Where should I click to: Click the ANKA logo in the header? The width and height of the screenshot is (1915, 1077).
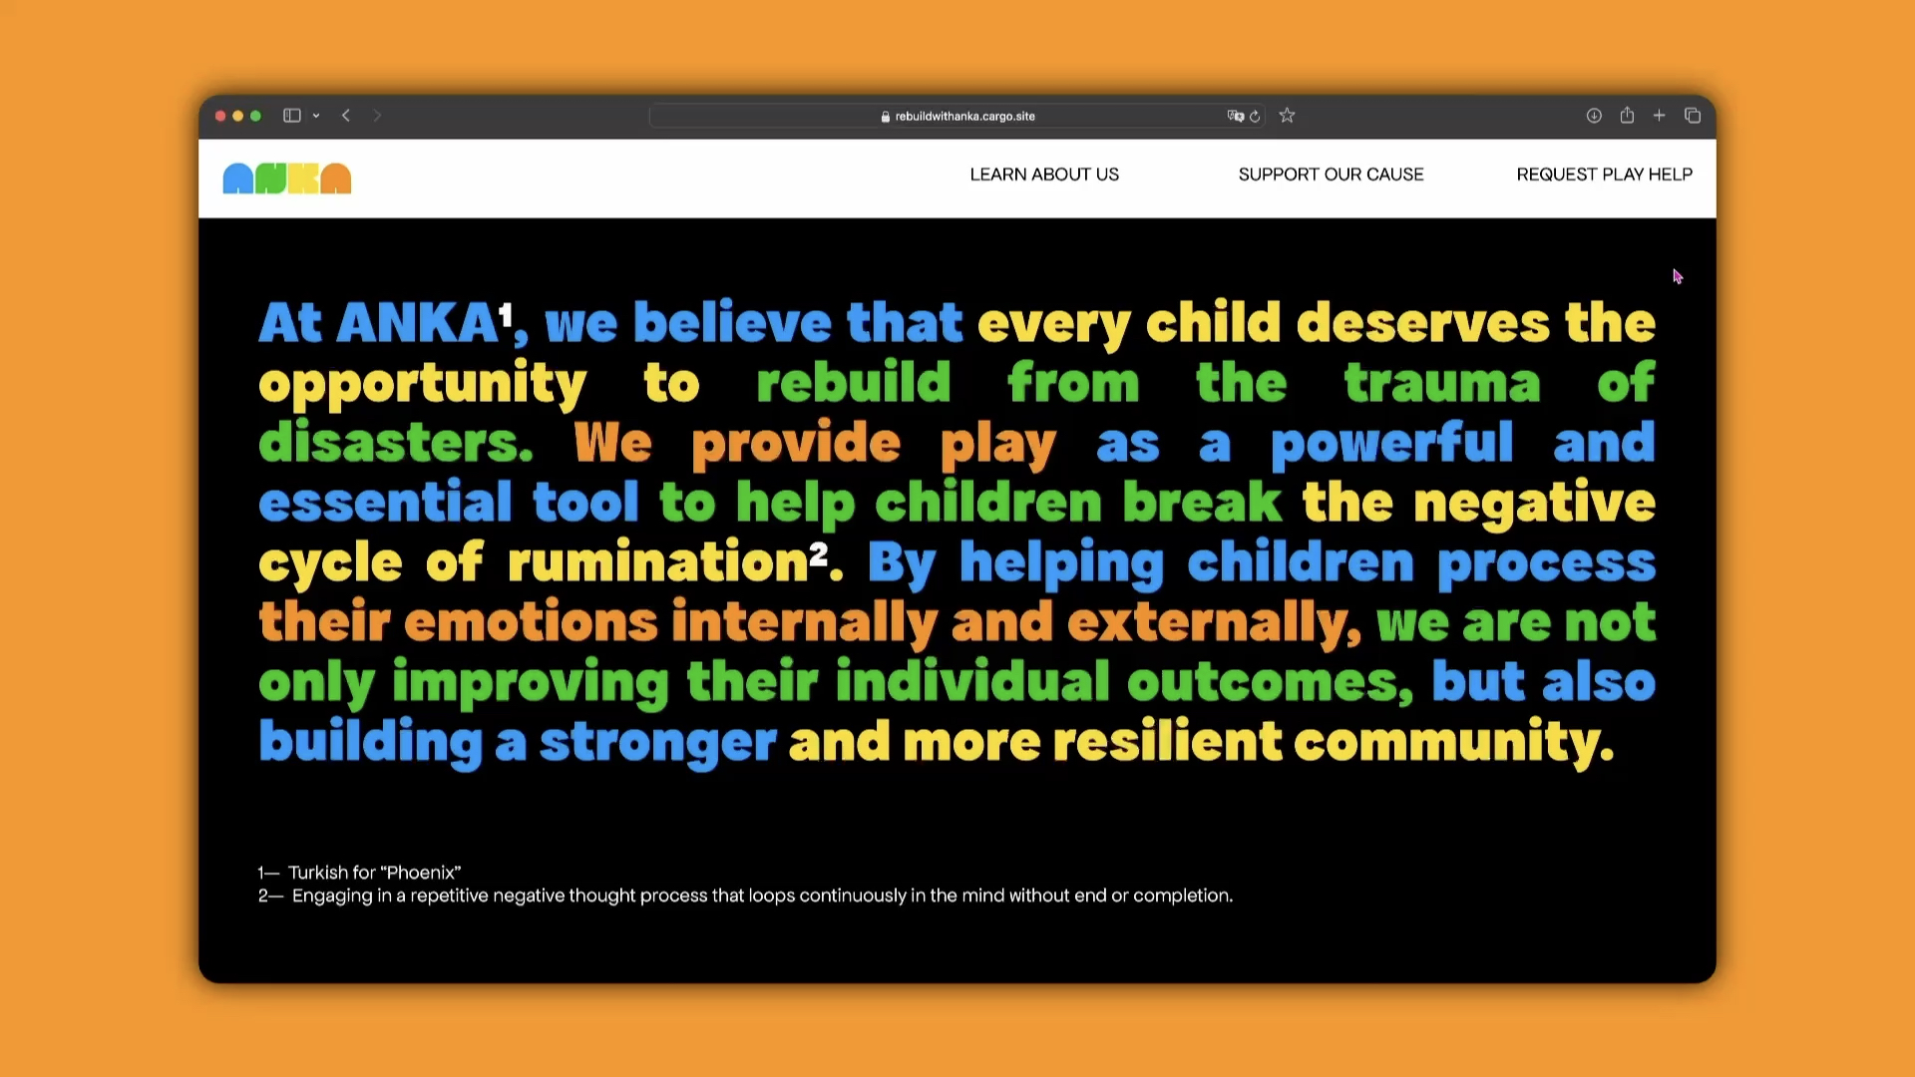pyautogui.click(x=287, y=179)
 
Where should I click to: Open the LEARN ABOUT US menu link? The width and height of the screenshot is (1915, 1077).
pyautogui.click(x=1044, y=175)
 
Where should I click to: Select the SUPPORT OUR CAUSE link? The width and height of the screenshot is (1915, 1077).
pyautogui.click(x=1331, y=175)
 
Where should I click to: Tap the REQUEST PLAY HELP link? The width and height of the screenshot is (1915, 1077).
pyautogui.click(x=1604, y=175)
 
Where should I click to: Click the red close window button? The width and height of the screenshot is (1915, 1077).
pyautogui.click(x=220, y=116)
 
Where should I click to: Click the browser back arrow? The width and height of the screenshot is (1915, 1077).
pyautogui.click(x=346, y=116)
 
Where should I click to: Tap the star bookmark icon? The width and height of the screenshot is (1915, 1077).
pyautogui.click(x=1287, y=116)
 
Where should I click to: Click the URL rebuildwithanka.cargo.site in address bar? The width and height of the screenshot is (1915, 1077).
pyautogui.click(x=964, y=117)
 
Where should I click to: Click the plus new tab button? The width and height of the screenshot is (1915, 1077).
pyautogui.click(x=1659, y=116)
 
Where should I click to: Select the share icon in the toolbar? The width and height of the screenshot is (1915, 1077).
pyautogui.click(x=1627, y=115)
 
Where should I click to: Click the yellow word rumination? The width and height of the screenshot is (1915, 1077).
pyautogui.click(x=657, y=562)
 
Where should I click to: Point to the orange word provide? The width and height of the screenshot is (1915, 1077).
pyautogui.click(x=796, y=444)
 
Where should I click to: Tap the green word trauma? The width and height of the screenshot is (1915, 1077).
pyautogui.click(x=1441, y=384)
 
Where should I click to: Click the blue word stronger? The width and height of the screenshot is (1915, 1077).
pyautogui.click(x=657, y=744)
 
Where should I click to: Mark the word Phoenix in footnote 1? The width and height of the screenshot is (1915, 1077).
pyautogui.click(x=420, y=873)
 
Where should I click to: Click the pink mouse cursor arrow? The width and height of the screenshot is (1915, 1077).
pyautogui.click(x=1678, y=276)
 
